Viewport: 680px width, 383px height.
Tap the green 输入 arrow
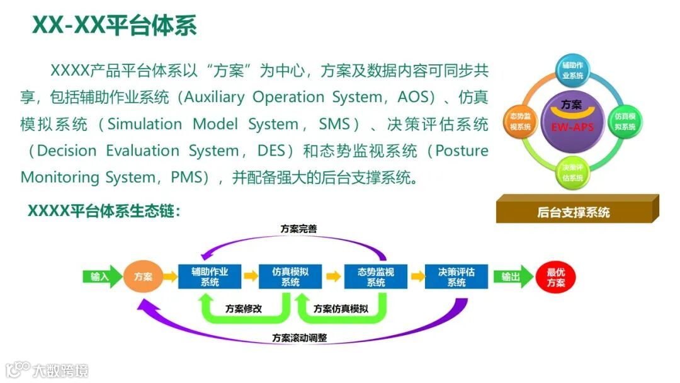(x=101, y=277)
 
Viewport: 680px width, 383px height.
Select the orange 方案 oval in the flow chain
(x=143, y=277)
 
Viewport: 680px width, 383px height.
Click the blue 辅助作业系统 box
(x=210, y=277)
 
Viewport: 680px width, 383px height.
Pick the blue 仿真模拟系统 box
(x=290, y=277)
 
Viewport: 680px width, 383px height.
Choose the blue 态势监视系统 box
(x=375, y=277)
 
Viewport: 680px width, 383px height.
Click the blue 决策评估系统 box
(x=456, y=277)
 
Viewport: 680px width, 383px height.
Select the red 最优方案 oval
(x=555, y=277)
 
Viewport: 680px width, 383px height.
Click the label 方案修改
(x=244, y=309)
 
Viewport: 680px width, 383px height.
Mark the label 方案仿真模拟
(x=341, y=309)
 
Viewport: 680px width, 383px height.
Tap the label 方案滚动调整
(x=300, y=338)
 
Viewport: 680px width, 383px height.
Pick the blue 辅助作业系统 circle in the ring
(x=572, y=70)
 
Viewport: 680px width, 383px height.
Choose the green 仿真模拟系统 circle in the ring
(x=625, y=121)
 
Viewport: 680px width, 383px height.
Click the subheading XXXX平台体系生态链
(x=104, y=211)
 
